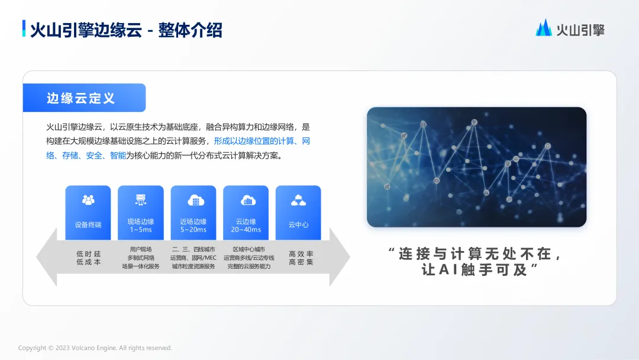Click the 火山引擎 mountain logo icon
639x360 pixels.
click(544, 28)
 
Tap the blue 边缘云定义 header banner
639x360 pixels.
click(85, 98)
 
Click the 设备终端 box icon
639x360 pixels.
click(88, 200)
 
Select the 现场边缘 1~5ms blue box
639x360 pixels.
click(141, 213)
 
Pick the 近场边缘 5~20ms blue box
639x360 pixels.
click(193, 213)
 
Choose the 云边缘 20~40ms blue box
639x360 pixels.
click(246, 213)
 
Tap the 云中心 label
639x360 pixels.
click(298, 224)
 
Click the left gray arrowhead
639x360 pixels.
click(47, 257)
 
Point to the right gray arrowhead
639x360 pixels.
click(340, 257)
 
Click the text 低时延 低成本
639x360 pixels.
click(88, 258)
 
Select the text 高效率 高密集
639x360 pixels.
click(301, 258)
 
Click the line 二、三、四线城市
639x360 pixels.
click(193, 249)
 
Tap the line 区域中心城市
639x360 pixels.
click(248, 249)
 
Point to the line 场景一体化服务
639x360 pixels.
click(141, 266)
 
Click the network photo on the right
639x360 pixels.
click(476, 167)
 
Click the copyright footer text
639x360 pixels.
click(95, 348)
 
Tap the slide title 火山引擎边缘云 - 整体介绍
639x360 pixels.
click(126, 30)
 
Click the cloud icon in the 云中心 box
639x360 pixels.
click(298, 200)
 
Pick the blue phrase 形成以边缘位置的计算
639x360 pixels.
click(253, 141)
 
